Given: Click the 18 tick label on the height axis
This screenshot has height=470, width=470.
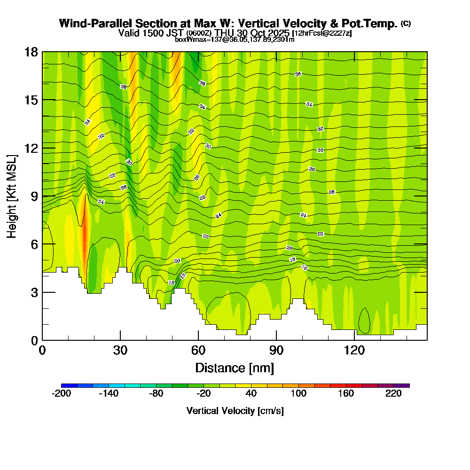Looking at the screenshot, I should [x=31, y=52].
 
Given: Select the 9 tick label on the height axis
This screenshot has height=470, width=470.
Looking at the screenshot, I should [x=34, y=196].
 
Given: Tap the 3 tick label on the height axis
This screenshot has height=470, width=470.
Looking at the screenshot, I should [x=34, y=292].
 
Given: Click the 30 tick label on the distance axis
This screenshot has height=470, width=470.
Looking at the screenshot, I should [x=120, y=350].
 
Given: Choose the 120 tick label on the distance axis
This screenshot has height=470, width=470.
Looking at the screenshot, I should [x=354, y=350].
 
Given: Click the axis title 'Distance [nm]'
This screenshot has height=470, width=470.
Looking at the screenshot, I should [x=235, y=367].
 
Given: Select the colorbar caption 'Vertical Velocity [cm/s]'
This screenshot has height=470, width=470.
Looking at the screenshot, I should [x=235, y=411].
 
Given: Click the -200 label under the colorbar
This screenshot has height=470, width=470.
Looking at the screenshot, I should [x=61, y=394].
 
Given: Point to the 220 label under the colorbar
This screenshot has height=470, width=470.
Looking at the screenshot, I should [x=393, y=394].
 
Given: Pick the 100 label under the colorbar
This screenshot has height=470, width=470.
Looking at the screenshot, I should [x=298, y=394].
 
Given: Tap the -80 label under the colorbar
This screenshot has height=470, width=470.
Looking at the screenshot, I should [x=156, y=394].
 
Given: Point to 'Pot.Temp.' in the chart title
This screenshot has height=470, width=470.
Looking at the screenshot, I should [x=374, y=23].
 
